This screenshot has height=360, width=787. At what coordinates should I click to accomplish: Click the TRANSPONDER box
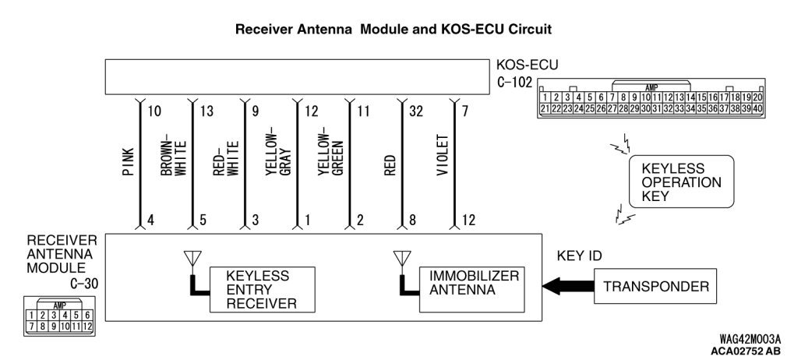click(x=656, y=286)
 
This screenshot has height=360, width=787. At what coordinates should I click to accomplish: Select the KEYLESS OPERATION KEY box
click(x=681, y=182)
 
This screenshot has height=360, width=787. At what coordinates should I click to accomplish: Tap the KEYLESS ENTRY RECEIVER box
click(x=263, y=289)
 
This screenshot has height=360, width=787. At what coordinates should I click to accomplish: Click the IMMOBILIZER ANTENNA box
click(x=472, y=289)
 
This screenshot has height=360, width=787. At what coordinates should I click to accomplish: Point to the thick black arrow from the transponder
click(x=568, y=287)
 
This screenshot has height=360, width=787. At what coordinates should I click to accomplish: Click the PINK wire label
click(x=128, y=161)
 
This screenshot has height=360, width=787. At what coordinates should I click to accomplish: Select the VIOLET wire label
click(x=442, y=155)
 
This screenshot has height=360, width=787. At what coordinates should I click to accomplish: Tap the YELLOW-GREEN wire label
click(x=330, y=152)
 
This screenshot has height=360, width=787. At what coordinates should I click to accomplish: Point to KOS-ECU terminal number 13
click(x=206, y=111)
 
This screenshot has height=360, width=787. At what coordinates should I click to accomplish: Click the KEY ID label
click(x=579, y=256)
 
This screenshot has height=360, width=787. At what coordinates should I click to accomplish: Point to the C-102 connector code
click(x=514, y=82)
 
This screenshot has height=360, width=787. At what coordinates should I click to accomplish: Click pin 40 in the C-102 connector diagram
click(x=757, y=108)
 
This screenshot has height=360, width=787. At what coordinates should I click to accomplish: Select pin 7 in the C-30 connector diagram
click(x=32, y=326)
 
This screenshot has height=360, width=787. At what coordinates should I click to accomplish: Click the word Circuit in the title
click(x=531, y=29)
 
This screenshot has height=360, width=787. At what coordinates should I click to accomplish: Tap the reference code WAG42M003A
click(x=750, y=338)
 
